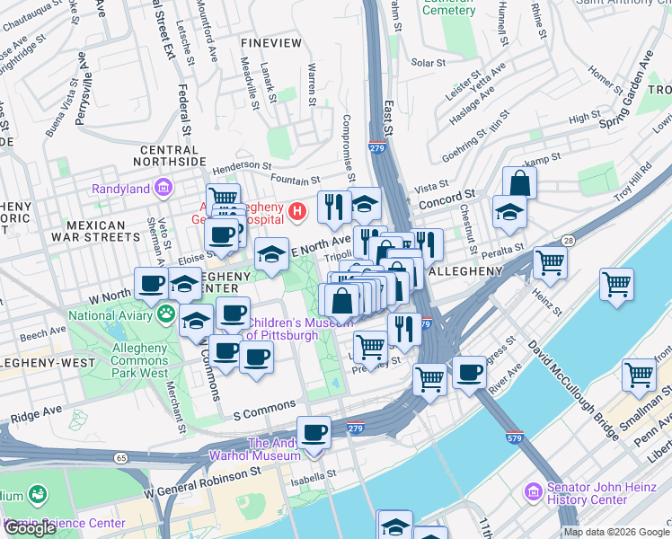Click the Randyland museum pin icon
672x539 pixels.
click(164, 188)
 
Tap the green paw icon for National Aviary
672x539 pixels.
click(166, 314)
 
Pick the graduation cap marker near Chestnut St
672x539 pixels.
click(509, 213)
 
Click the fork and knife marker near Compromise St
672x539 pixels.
click(333, 207)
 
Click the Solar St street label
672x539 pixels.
click(428, 63)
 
